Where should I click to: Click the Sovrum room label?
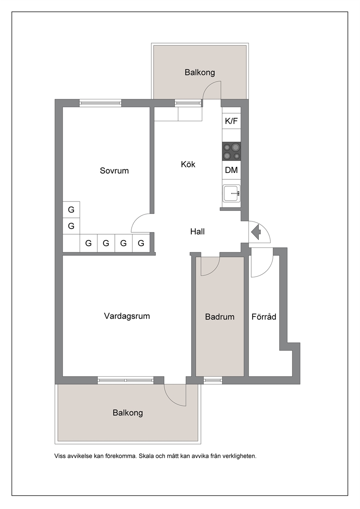[114, 171]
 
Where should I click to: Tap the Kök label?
[188, 164]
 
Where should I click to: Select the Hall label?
[197, 231]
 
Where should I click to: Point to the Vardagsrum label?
[127, 316]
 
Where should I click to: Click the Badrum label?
[220, 317]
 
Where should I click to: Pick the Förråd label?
[263, 316]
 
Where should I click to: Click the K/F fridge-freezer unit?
[232, 121]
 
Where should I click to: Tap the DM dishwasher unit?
[232, 170]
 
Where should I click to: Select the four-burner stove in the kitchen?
[232, 151]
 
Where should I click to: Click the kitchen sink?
[232, 193]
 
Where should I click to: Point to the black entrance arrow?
[256, 232]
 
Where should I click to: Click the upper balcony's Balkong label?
[200, 73]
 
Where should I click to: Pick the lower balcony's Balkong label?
[128, 413]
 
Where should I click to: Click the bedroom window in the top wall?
[100, 103]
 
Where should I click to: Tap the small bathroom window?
[213, 380]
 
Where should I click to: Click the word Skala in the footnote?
[146, 456]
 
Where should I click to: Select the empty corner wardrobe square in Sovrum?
[71, 243]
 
